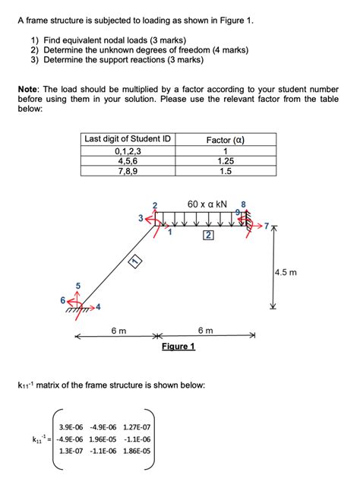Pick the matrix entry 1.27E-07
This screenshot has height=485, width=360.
(137, 426)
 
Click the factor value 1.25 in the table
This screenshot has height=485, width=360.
(226, 161)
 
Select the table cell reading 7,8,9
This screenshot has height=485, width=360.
(128, 172)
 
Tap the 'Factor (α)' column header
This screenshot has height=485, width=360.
(226, 139)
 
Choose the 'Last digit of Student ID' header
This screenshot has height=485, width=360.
(128, 139)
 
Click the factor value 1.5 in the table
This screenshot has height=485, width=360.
(226, 172)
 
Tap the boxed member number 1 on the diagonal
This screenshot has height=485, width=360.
(135, 262)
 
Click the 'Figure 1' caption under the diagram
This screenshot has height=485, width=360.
(178, 347)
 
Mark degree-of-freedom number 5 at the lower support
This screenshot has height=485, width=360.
(77, 285)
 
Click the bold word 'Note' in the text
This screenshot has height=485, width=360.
(30, 89)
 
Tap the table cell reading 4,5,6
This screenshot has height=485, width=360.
(128, 161)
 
